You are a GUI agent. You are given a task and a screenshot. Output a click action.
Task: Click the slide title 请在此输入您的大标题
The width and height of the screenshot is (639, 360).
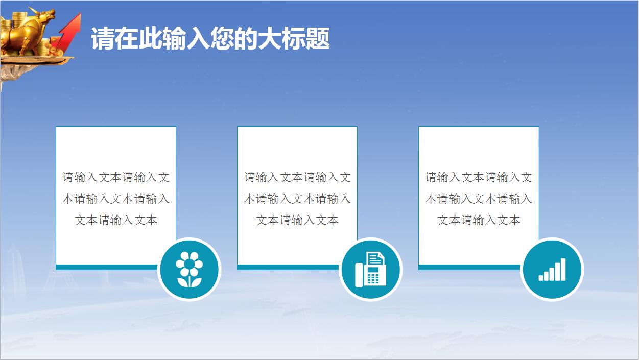[x=210, y=39]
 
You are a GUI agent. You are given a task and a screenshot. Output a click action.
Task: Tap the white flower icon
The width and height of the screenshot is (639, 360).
[x=189, y=269]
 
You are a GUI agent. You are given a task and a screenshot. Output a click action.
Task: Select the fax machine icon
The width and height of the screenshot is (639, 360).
[x=370, y=269]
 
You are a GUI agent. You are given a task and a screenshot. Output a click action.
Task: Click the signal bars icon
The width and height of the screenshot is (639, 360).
[x=552, y=269]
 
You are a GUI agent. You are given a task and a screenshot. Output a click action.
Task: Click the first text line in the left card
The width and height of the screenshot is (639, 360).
[x=116, y=177]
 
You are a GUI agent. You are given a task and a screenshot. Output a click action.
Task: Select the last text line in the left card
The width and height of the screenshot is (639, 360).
[x=116, y=220]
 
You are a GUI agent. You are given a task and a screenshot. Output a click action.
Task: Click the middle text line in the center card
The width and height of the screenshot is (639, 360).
[x=297, y=199]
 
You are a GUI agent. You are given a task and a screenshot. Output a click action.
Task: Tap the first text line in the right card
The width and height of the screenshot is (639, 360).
[x=479, y=177]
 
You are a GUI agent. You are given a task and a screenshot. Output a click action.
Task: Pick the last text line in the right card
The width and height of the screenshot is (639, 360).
[x=479, y=220]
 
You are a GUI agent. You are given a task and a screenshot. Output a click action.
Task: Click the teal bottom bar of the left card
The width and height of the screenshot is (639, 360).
[x=105, y=267]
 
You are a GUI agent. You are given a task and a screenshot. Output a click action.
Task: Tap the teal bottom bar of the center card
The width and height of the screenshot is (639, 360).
[x=286, y=267]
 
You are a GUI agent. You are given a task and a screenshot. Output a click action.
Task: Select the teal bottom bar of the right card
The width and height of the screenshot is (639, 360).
[x=467, y=267]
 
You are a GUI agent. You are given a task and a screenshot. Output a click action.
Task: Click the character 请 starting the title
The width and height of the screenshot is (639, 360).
[x=103, y=39]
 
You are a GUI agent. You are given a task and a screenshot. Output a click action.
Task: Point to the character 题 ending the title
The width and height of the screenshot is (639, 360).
[x=318, y=39]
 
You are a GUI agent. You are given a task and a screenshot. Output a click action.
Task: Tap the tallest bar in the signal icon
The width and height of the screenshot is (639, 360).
[x=563, y=269]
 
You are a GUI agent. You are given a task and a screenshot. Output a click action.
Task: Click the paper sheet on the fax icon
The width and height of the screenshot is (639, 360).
[x=375, y=258]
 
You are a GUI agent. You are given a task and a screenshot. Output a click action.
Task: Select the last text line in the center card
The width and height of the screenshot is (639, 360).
[x=297, y=220]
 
